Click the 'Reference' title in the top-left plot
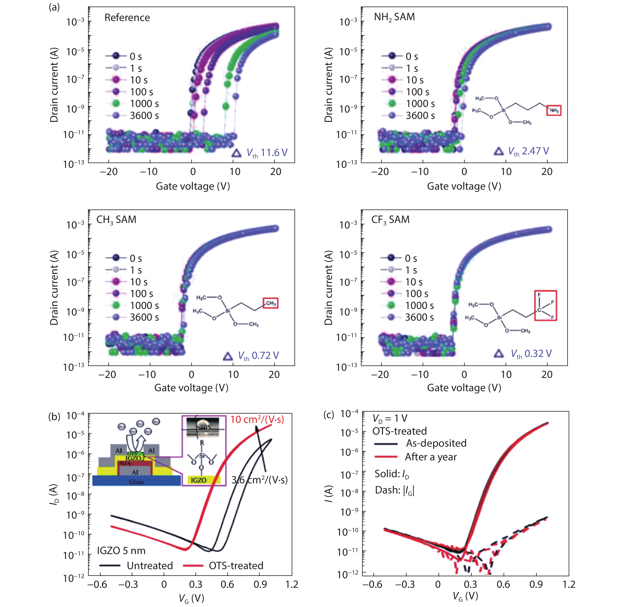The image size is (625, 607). click(x=127, y=17)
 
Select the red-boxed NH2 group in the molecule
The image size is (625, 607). click(x=554, y=110)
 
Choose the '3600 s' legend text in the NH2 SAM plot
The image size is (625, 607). click(x=420, y=115)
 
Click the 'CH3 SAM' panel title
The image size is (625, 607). click(x=116, y=220)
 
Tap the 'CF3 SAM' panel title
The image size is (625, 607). click(x=390, y=220)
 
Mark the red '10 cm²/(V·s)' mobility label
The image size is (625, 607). click(x=257, y=420)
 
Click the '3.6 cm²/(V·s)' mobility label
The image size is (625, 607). click(x=259, y=480)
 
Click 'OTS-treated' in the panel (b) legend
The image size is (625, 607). click(x=236, y=566)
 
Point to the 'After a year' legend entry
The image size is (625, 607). click(x=431, y=457)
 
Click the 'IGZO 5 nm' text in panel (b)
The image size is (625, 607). click(x=121, y=551)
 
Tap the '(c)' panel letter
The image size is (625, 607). click(x=329, y=414)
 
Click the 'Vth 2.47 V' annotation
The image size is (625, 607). click(x=528, y=151)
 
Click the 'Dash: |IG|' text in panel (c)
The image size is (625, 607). click(x=394, y=490)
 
